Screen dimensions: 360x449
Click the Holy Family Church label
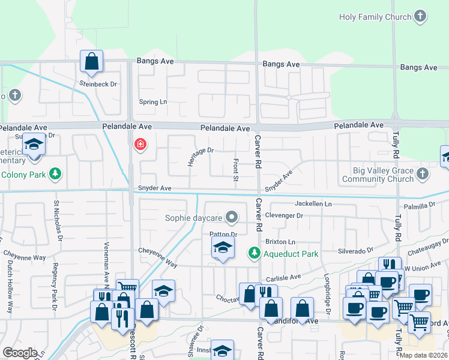point(375,17)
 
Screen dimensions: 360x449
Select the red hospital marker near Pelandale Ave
point(140,145)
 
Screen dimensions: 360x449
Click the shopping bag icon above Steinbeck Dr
point(91,61)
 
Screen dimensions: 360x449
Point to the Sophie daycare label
point(193,218)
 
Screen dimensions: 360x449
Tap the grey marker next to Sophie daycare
point(231,218)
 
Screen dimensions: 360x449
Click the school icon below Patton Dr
point(223,248)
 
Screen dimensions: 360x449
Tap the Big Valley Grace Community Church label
point(378,175)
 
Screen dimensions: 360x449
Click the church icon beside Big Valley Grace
point(423,175)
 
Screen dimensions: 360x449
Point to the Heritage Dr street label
point(200,157)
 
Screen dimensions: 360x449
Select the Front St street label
point(236,170)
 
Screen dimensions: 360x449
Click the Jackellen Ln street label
point(313,204)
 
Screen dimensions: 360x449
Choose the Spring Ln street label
point(153,102)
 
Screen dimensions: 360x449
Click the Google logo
point(20,353)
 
